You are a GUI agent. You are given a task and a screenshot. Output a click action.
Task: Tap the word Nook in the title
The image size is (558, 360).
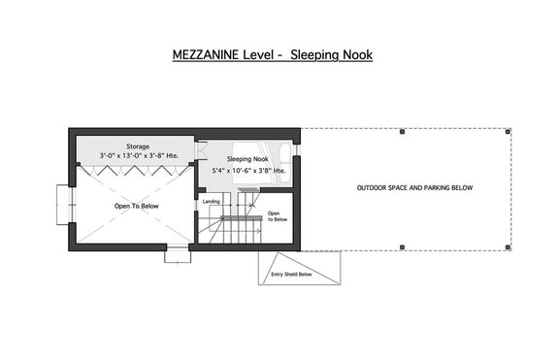pos(353,55)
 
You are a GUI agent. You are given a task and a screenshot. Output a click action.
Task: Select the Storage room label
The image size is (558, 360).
pos(137,146)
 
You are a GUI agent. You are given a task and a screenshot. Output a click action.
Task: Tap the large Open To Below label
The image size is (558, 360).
pos(136,206)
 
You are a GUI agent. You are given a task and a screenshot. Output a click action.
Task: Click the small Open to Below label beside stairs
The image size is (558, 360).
pos(278,216)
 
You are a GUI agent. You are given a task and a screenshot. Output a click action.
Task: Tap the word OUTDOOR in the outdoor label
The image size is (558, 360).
pos(374,187)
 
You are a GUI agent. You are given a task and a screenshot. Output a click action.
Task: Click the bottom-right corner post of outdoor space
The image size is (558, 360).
pos(510,247)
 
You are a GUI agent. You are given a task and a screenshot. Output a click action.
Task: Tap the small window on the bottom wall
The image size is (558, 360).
pos(177,255)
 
